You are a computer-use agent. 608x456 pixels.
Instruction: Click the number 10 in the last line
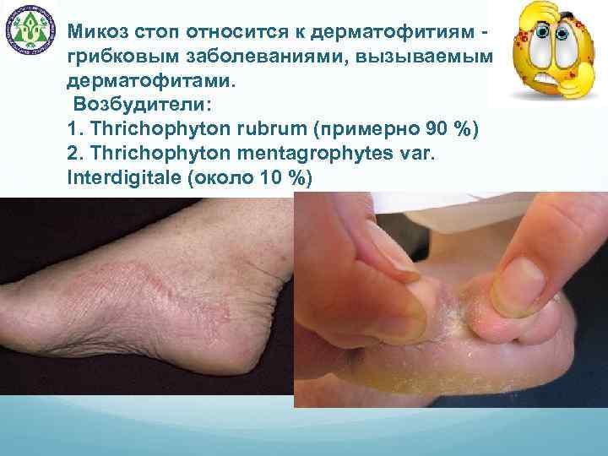pyautogui.click(x=272, y=180)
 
